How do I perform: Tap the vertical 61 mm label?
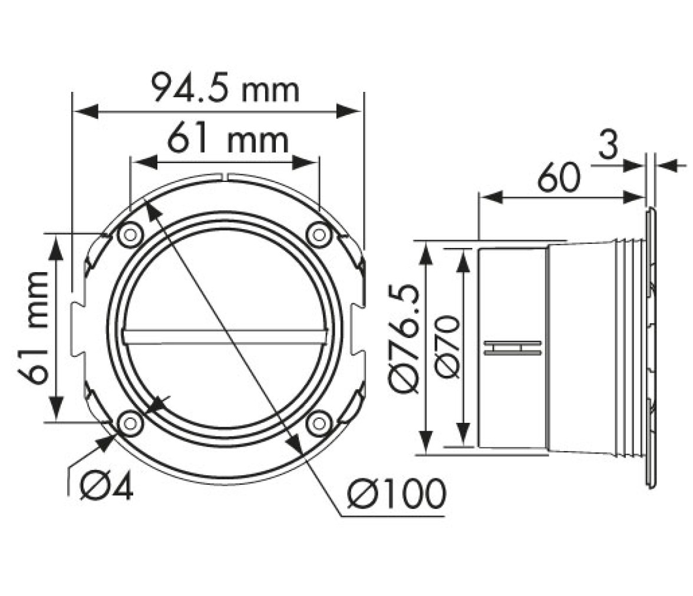pyautogui.click(x=34, y=327)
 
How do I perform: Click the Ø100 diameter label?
pyautogui.click(x=397, y=492)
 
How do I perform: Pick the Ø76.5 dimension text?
pyautogui.click(x=404, y=339)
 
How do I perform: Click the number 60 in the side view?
pyautogui.click(x=558, y=178)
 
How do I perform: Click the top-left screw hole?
pyautogui.click(x=130, y=234)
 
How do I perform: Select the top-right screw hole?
pyautogui.click(x=319, y=234)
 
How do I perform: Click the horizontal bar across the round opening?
pyautogui.click(x=225, y=336)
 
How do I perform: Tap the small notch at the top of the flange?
pyautogui.click(x=225, y=177)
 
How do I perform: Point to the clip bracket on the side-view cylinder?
pyautogui.click(x=513, y=347)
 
